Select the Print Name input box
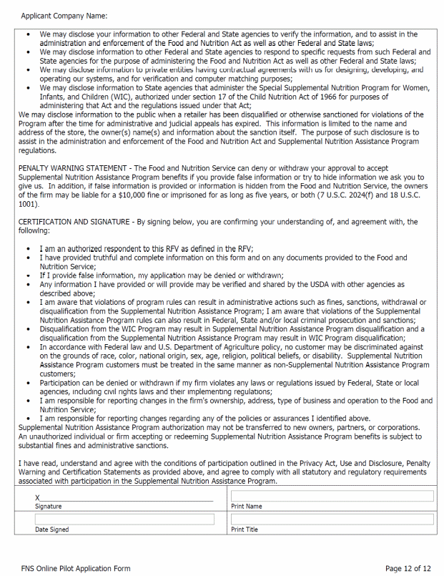click(x=332, y=496)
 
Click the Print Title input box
click(x=332, y=519)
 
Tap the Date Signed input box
click(x=124, y=519)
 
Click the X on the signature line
click(x=38, y=497)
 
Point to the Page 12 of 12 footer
click(x=408, y=568)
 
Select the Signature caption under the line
click(x=49, y=506)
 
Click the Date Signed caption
click(x=52, y=529)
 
